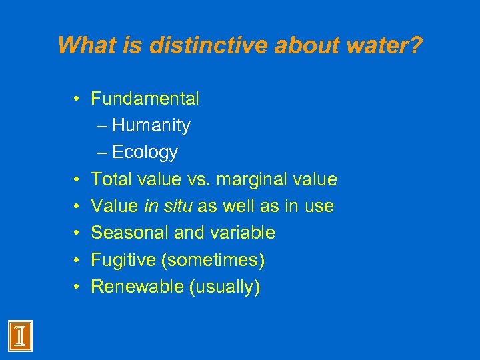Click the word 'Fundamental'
[x=145, y=99]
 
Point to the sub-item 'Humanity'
[x=151, y=126]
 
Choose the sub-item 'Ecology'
[x=145, y=153]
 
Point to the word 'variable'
[x=243, y=233]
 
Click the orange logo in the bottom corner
[x=20, y=335]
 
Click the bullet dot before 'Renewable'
[x=78, y=287]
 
